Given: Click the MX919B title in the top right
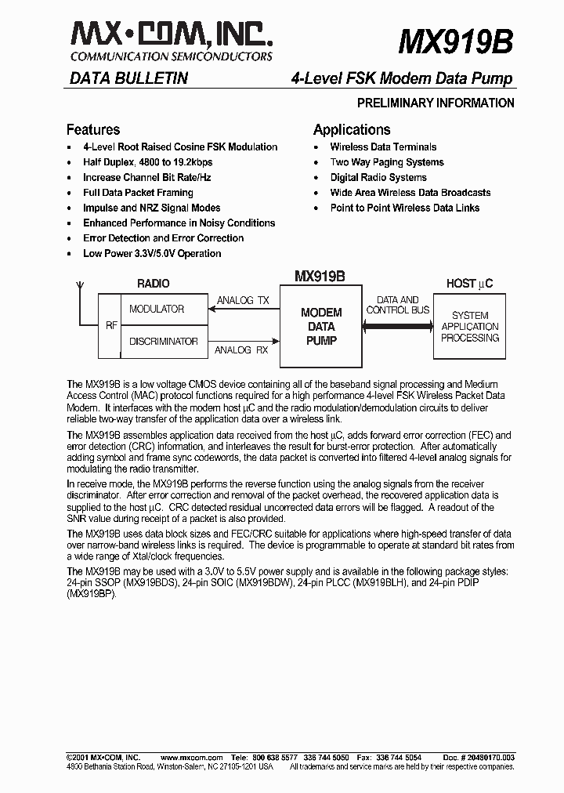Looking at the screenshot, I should [456, 42].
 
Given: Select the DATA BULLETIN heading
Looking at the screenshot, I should [128, 78].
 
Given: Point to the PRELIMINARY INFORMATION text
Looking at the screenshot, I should [436, 103].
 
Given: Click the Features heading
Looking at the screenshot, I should [93, 129].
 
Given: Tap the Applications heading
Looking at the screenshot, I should [351, 129].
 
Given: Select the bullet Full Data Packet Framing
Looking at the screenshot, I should [138, 193].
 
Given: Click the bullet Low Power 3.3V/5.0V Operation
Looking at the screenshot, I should [152, 253].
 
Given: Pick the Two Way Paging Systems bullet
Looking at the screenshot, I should [386, 162].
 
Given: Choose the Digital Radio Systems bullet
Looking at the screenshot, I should [378, 177].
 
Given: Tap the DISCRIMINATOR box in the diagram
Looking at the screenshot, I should [163, 342].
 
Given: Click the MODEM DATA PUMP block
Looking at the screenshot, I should [321, 327].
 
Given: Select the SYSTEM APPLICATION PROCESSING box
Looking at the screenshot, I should [469, 327].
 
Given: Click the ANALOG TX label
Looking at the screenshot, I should [242, 300].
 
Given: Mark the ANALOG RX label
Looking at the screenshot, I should [240, 349].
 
